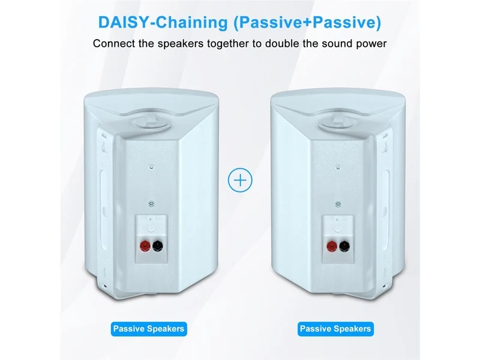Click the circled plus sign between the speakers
coord(241,181)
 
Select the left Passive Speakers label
coord(149,329)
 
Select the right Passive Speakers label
coord(335,329)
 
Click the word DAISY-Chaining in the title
coord(163,22)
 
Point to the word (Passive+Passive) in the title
coord(307,23)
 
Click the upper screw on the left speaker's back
coord(151,167)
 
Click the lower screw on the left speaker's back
coord(151,204)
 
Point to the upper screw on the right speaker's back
coord(338,167)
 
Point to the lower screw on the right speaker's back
coord(338,204)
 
